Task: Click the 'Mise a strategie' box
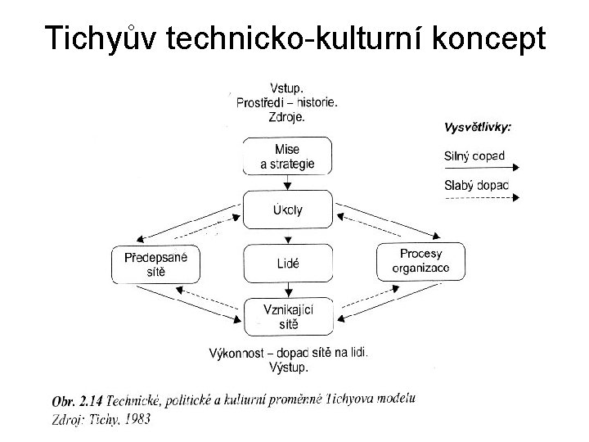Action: click(x=288, y=156)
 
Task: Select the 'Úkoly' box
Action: click(x=288, y=210)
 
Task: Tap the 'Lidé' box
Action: click(x=288, y=264)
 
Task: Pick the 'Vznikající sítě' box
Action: click(x=288, y=316)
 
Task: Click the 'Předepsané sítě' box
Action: click(x=155, y=264)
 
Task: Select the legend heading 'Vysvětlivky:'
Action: click(x=478, y=128)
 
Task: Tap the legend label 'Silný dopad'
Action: click(x=474, y=156)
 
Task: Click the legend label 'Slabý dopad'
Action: click(x=475, y=184)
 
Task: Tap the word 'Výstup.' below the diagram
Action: click(x=288, y=368)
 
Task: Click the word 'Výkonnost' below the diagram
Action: click(x=237, y=354)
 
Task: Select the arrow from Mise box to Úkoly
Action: click(x=288, y=183)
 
